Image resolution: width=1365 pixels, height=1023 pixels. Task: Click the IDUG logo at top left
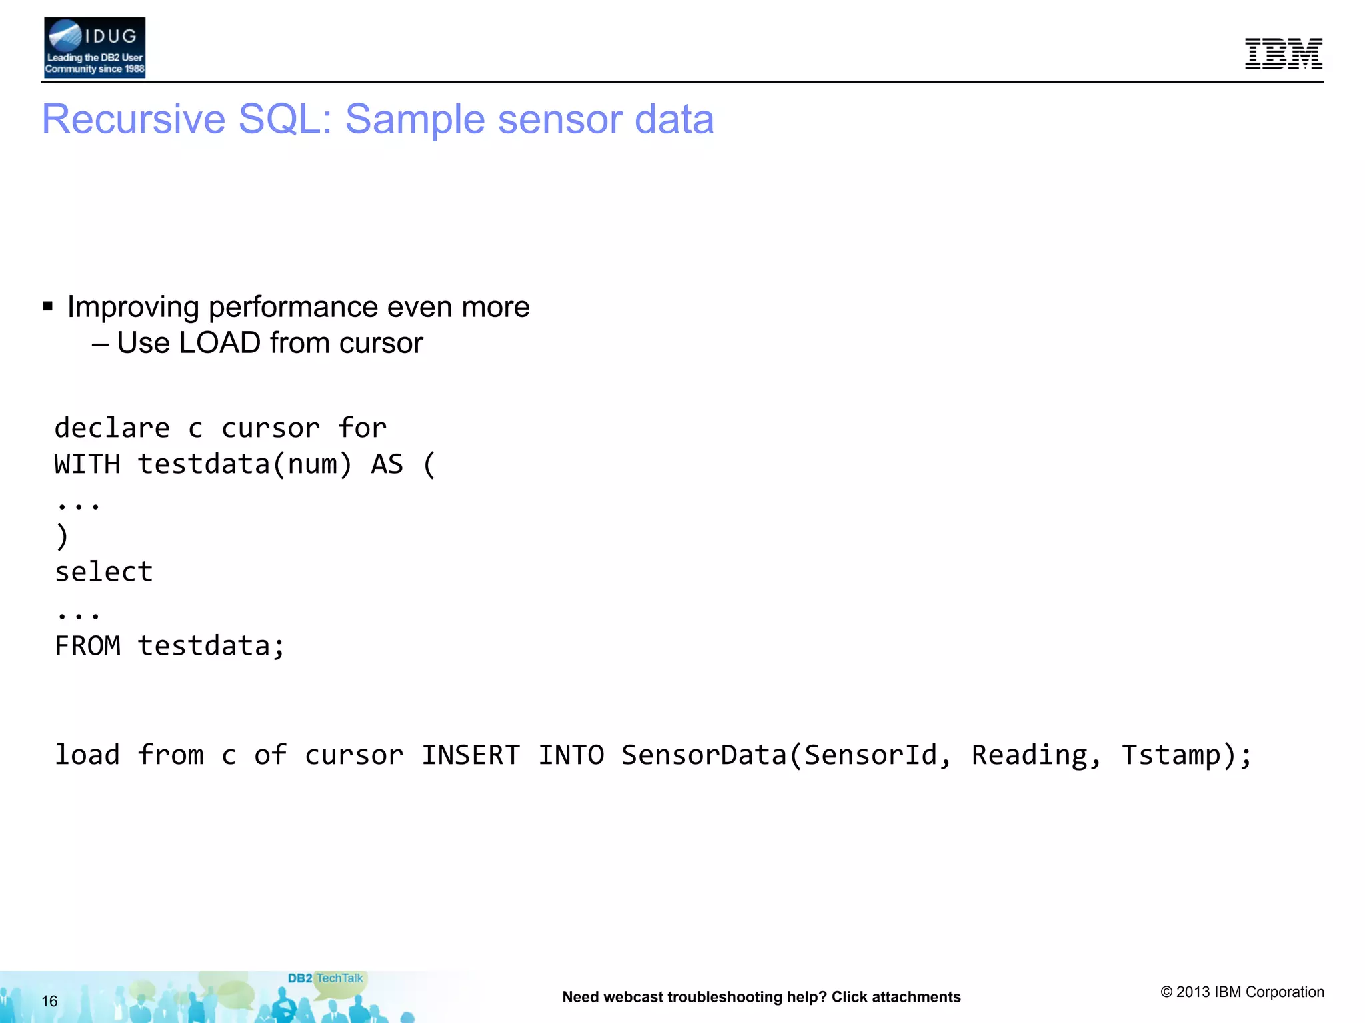click(x=95, y=48)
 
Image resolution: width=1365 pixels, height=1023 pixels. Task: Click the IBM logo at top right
click(x=1283, y=54)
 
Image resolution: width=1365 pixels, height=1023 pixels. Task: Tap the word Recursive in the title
click(x=134, y=119)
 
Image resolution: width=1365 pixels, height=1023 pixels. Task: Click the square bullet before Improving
click(x=48, y=306)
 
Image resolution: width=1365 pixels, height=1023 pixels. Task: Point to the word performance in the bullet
click(x=293, y=307)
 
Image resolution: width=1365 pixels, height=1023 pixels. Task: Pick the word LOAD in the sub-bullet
click(x=219, y=343)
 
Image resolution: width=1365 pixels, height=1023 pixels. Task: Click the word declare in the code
click(x=112, y=428)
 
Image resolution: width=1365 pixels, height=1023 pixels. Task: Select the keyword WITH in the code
click(x=87, y=464)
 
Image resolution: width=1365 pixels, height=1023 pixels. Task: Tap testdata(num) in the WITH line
click(x=245, y=464)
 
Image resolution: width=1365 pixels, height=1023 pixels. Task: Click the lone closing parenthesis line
click(x=62, y=536)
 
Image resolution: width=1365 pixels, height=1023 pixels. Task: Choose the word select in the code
click(x=104, y=572)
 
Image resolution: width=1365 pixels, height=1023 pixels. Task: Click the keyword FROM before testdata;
click(x=87, y=645)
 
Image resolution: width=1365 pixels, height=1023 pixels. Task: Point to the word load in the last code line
click(x=87, y=755)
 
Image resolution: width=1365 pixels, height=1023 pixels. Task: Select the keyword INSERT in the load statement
click(x=470, y=755)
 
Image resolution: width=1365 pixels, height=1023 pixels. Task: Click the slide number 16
click(x=49, y=1001)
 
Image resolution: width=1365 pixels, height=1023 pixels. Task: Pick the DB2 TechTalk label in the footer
click(x=325, y=978)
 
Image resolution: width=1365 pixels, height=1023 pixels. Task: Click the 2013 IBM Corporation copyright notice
click(x=1242, y=992)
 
